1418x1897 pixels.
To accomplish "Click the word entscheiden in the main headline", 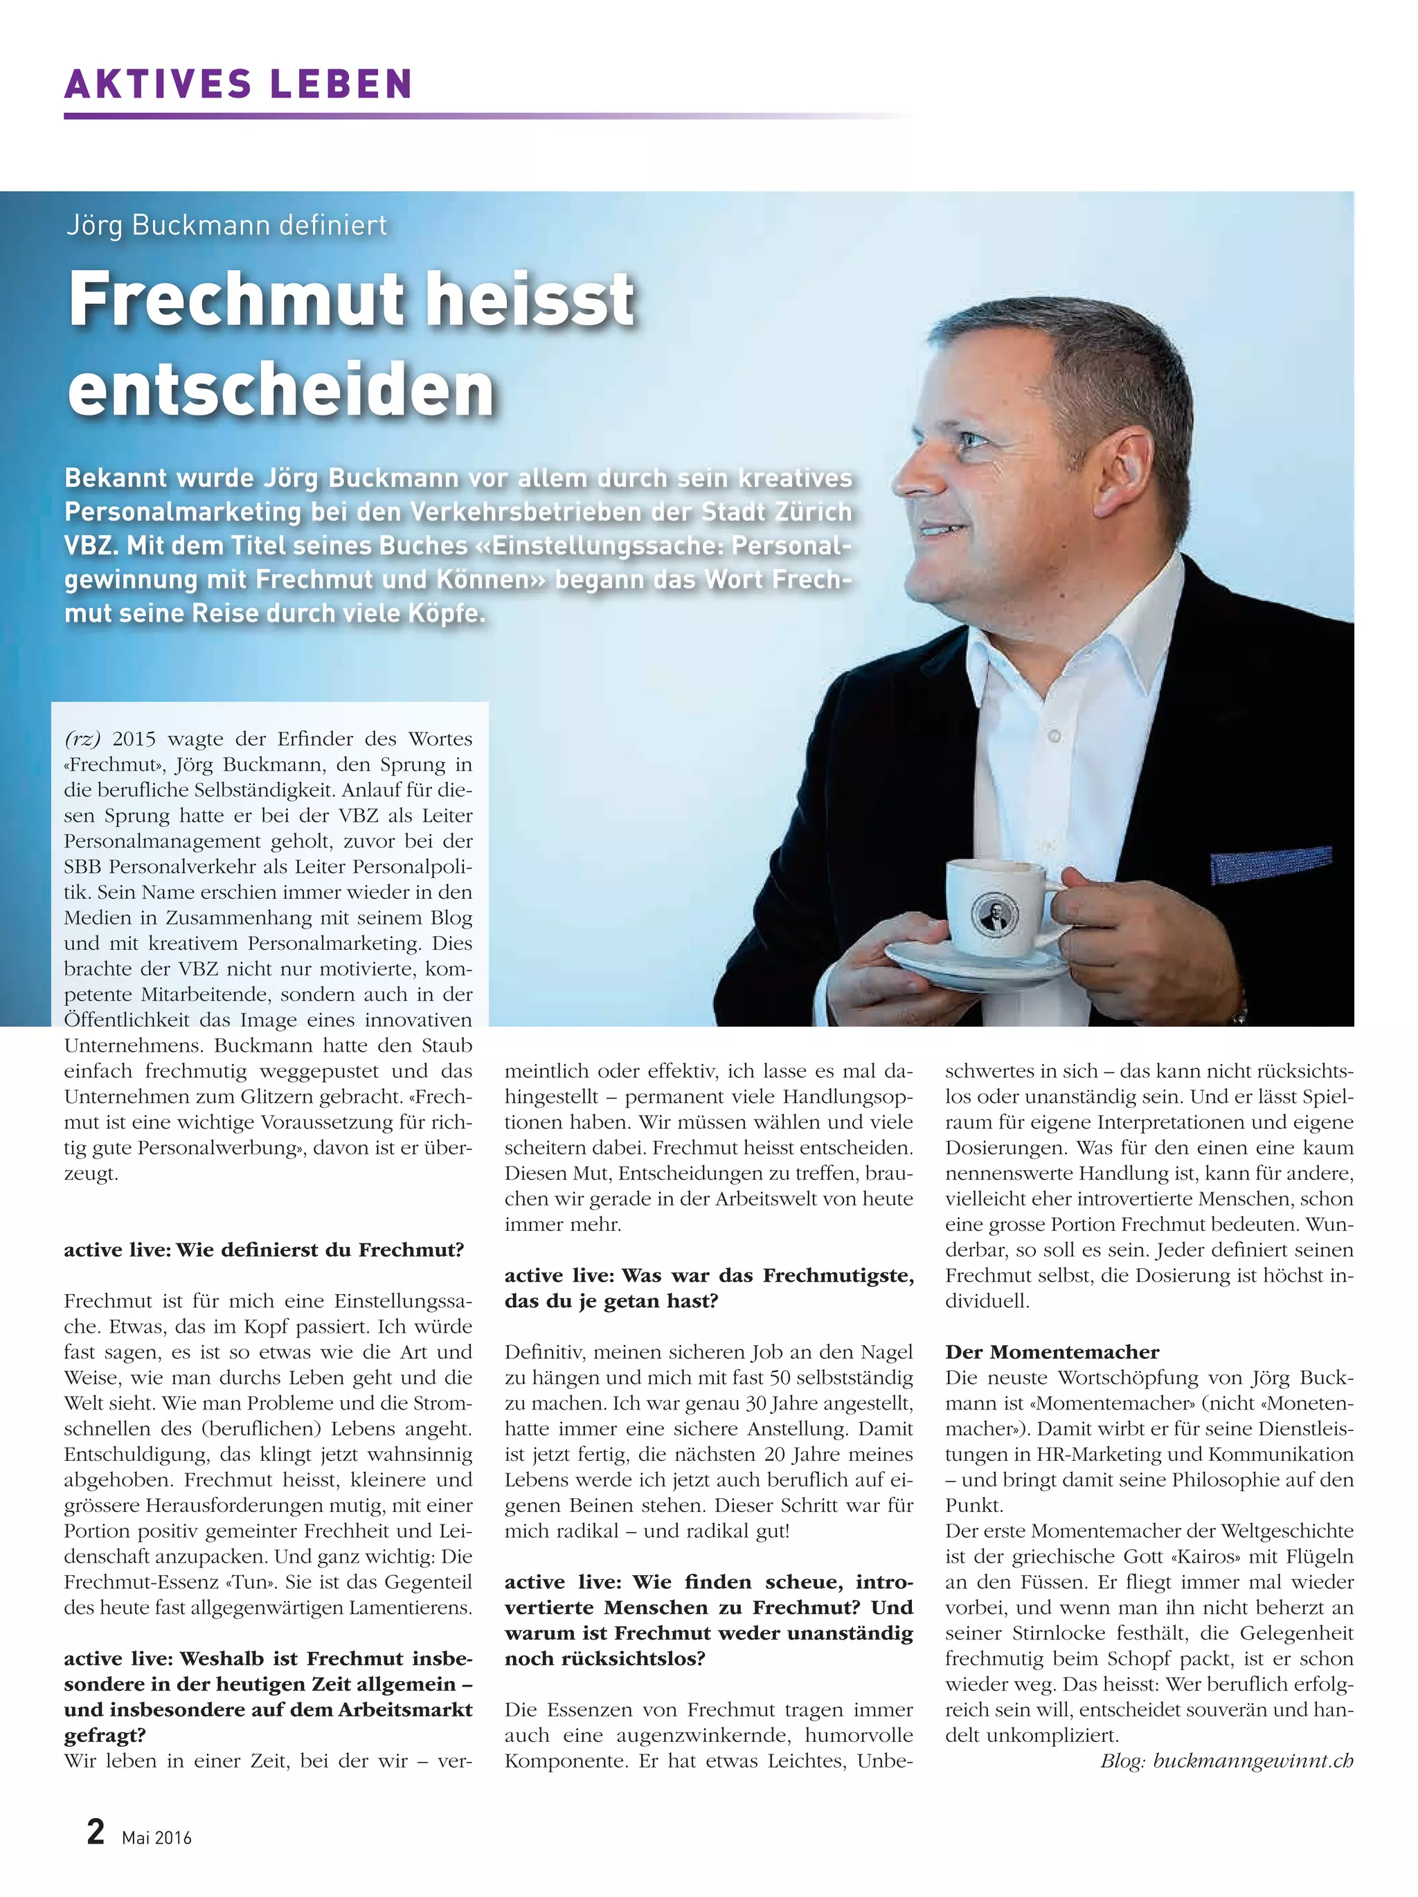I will pos(281,390).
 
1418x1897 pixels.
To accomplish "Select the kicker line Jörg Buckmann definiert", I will pos(227,226).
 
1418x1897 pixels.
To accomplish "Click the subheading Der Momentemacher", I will pos(1052,1352).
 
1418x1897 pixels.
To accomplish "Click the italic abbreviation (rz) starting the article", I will pos(82,739).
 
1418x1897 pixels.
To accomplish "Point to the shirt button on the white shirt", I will pos(1055,737).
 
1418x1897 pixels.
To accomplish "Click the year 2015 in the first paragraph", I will pos(134,739).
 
